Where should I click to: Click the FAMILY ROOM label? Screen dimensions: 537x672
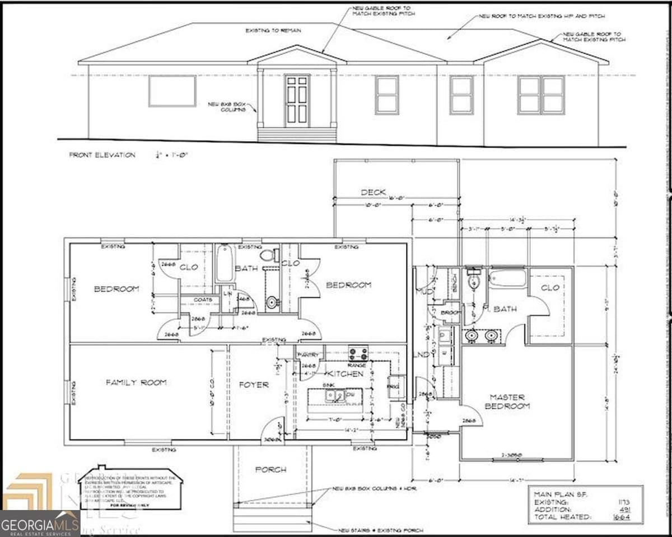[136, 382]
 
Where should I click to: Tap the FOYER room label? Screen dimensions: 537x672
[254, 385]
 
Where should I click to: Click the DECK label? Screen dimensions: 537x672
[373, 192]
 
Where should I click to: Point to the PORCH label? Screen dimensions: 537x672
[270, 469]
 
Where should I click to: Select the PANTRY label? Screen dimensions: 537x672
[308, 355]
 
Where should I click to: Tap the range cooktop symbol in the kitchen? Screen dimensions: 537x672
[358, 353]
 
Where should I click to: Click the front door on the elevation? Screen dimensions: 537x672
[297, 101]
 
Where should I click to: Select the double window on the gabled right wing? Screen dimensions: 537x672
[540, 95]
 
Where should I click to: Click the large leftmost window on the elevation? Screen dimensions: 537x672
[172, 91]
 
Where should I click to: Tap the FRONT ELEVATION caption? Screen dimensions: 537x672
[102, 155]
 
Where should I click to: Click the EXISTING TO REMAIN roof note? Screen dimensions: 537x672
[273, 30]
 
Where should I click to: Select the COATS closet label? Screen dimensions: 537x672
[203, 300]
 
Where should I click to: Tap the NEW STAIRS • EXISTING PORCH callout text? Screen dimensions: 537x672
[380, 530]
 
